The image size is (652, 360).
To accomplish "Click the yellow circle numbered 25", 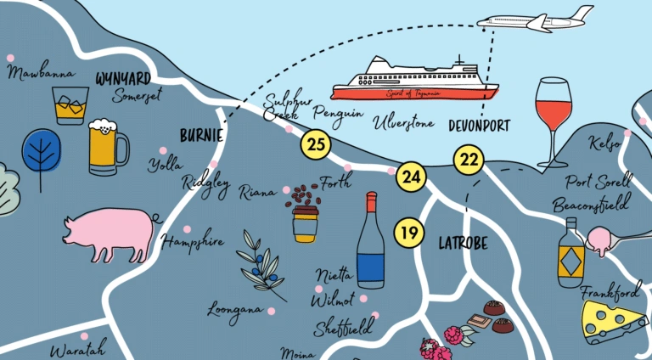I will click(x=317, y=144).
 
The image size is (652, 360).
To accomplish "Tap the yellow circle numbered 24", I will click(x=412, y=177).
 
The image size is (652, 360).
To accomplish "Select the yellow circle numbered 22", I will click(x=468, y=158).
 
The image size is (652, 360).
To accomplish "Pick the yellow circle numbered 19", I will click(x=409, y=232).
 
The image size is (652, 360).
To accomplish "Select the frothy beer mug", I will click(x=107, y=146).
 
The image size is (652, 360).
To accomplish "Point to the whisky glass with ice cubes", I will click(x=70, y=105).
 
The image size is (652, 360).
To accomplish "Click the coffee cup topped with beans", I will click(x=304, y=213).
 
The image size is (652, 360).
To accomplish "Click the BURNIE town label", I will click(x=201, y=135).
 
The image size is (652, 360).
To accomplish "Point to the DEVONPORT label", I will click(x=480, y=125).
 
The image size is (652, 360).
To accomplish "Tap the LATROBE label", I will click(x=463, y=243).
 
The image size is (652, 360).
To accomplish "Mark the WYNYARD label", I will click(x=123, y=78).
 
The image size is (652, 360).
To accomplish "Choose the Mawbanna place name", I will click(x=39, y=73).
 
